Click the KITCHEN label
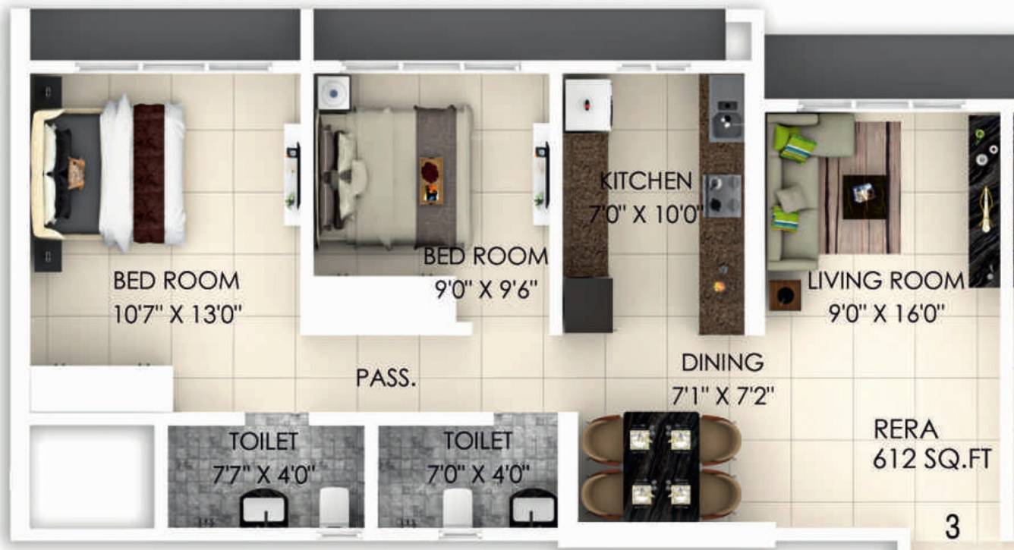(x=646, y=181)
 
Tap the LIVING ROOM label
(x=885, y=281)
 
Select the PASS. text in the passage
(x=386, y=378)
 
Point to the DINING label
(x=722, y=362)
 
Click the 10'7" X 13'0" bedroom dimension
(x=177, y=314)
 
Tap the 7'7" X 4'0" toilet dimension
(x=263, y=475)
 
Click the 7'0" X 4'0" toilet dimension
(x=477, y=475)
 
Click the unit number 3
(x=952, y=525)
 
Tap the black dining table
(x=660, y=466)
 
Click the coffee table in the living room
(x=864, y=191)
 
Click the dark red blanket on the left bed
(x=149, y=173)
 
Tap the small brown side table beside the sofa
(x=785, y=295)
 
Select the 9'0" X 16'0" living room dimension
(x=885, y=313)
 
